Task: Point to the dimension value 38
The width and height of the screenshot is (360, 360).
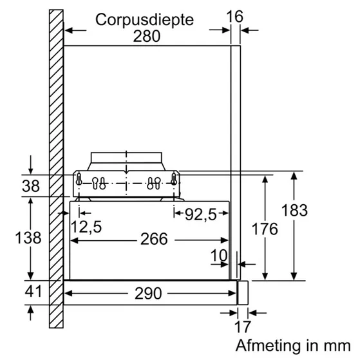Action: [30, 187]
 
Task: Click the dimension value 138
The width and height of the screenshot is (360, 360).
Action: [28, 238]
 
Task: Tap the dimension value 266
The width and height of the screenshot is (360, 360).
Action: [153, 240]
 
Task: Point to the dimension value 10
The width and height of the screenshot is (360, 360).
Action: [219, 255]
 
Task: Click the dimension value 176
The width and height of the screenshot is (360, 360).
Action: [265, 229]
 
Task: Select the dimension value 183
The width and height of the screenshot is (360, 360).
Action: [294, 210]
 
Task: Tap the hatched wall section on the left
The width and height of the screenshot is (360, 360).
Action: [55, 161]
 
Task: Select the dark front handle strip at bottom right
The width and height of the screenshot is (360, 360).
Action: [242, 292]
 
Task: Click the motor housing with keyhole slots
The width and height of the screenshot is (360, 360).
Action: [126, 184]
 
